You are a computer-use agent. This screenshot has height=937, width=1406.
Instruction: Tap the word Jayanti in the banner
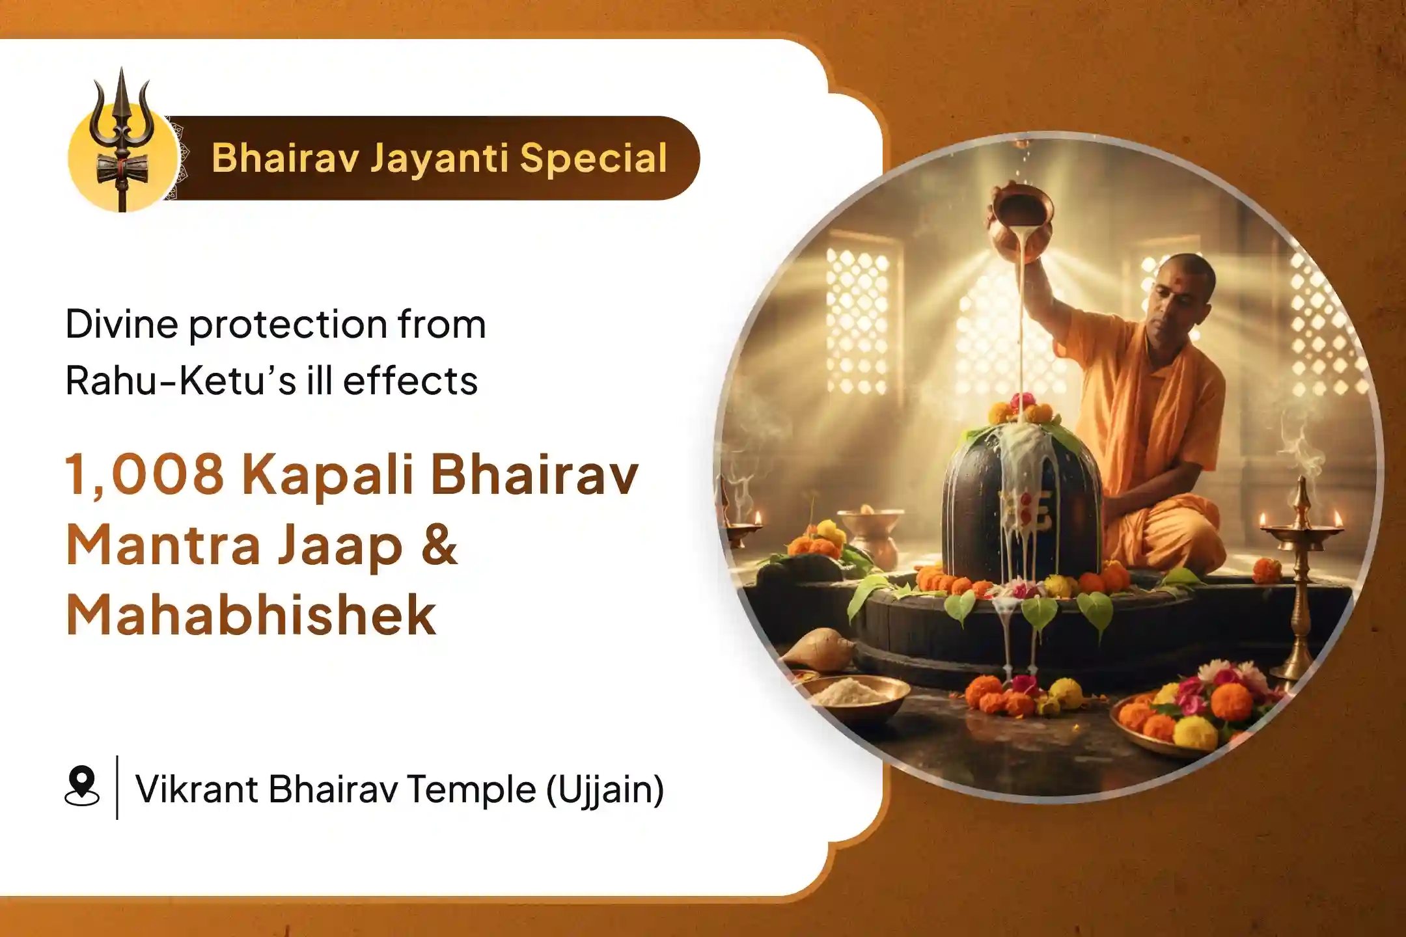coord(439,159)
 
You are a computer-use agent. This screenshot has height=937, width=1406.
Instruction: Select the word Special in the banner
coord(593,159)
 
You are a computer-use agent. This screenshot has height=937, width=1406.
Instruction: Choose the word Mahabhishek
coord(251,615)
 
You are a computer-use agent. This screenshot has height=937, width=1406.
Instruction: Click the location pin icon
coord(82,787)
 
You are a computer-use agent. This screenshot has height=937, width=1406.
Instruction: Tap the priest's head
coord(1181,286)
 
